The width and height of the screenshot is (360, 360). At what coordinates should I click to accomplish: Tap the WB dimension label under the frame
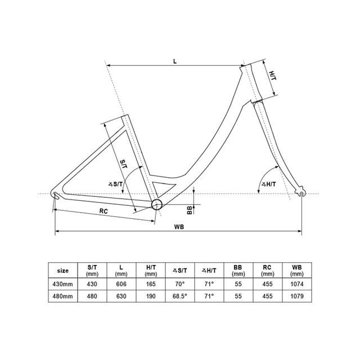[x=179, y=227]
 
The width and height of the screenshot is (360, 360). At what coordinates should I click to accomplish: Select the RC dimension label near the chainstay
[x=103, y=211]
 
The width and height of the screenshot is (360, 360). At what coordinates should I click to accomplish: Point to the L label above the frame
[x=175, y=61]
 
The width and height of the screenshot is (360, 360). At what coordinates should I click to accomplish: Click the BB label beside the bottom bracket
[x=190, y=210]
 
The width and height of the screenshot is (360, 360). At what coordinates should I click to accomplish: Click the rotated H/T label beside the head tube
[x=272, y=75]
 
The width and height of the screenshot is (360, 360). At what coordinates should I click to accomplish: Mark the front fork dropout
[x=301, y=192]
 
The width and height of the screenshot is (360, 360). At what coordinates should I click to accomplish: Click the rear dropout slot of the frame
[x=56, y=196]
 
